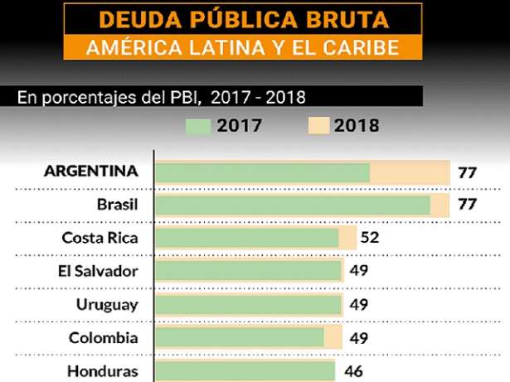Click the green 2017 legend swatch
pos(198,125)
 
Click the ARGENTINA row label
pos(90,172)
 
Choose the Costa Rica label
pos(100,239)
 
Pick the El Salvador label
pos(104,271)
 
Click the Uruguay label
pos(107,304)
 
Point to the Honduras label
pos(103,370)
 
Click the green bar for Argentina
pos(262,172)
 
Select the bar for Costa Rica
pos(247,238)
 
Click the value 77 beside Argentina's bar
pos(468,172)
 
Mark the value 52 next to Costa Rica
pos(370,238)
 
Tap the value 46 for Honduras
pos(353,370)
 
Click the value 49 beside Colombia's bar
pos(358,337)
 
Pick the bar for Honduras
pos(245,370)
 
